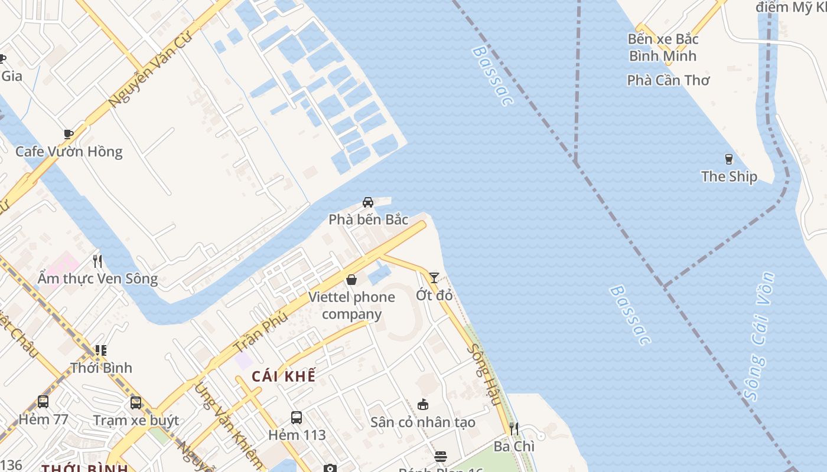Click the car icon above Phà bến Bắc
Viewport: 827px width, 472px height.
(x=368, y=202)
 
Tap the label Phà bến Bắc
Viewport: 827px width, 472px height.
(x=369, y=219)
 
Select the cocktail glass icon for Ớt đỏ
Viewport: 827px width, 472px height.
(x=434, y=277)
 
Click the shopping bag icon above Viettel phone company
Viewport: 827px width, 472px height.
(x=351, y=280)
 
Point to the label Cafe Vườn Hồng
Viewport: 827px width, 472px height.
(x=69, y=152)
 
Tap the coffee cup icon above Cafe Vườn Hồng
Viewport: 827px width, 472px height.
(x=69, y=134)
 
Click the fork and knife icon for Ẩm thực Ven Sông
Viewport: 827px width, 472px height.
(x=97, y=261)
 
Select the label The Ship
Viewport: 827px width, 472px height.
(x=729, y=176)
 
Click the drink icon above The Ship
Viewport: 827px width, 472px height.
(x=728, y=159)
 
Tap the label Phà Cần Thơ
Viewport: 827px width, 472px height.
(x=668, y=80)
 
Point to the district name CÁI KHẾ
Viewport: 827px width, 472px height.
(x=284, y=376)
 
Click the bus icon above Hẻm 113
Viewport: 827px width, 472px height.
(x=297, y=418)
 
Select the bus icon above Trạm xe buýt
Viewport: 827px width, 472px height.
(x=136, y=403)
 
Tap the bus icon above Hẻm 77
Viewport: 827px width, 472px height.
(x=43, y=402)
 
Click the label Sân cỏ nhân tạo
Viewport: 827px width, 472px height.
(x=423, y=422)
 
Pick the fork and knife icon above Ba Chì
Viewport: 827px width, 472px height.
(x=514, y=429)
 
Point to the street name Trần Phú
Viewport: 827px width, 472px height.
(x=261, y=332)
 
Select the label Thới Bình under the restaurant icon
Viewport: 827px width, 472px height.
(x=102, y=368)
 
